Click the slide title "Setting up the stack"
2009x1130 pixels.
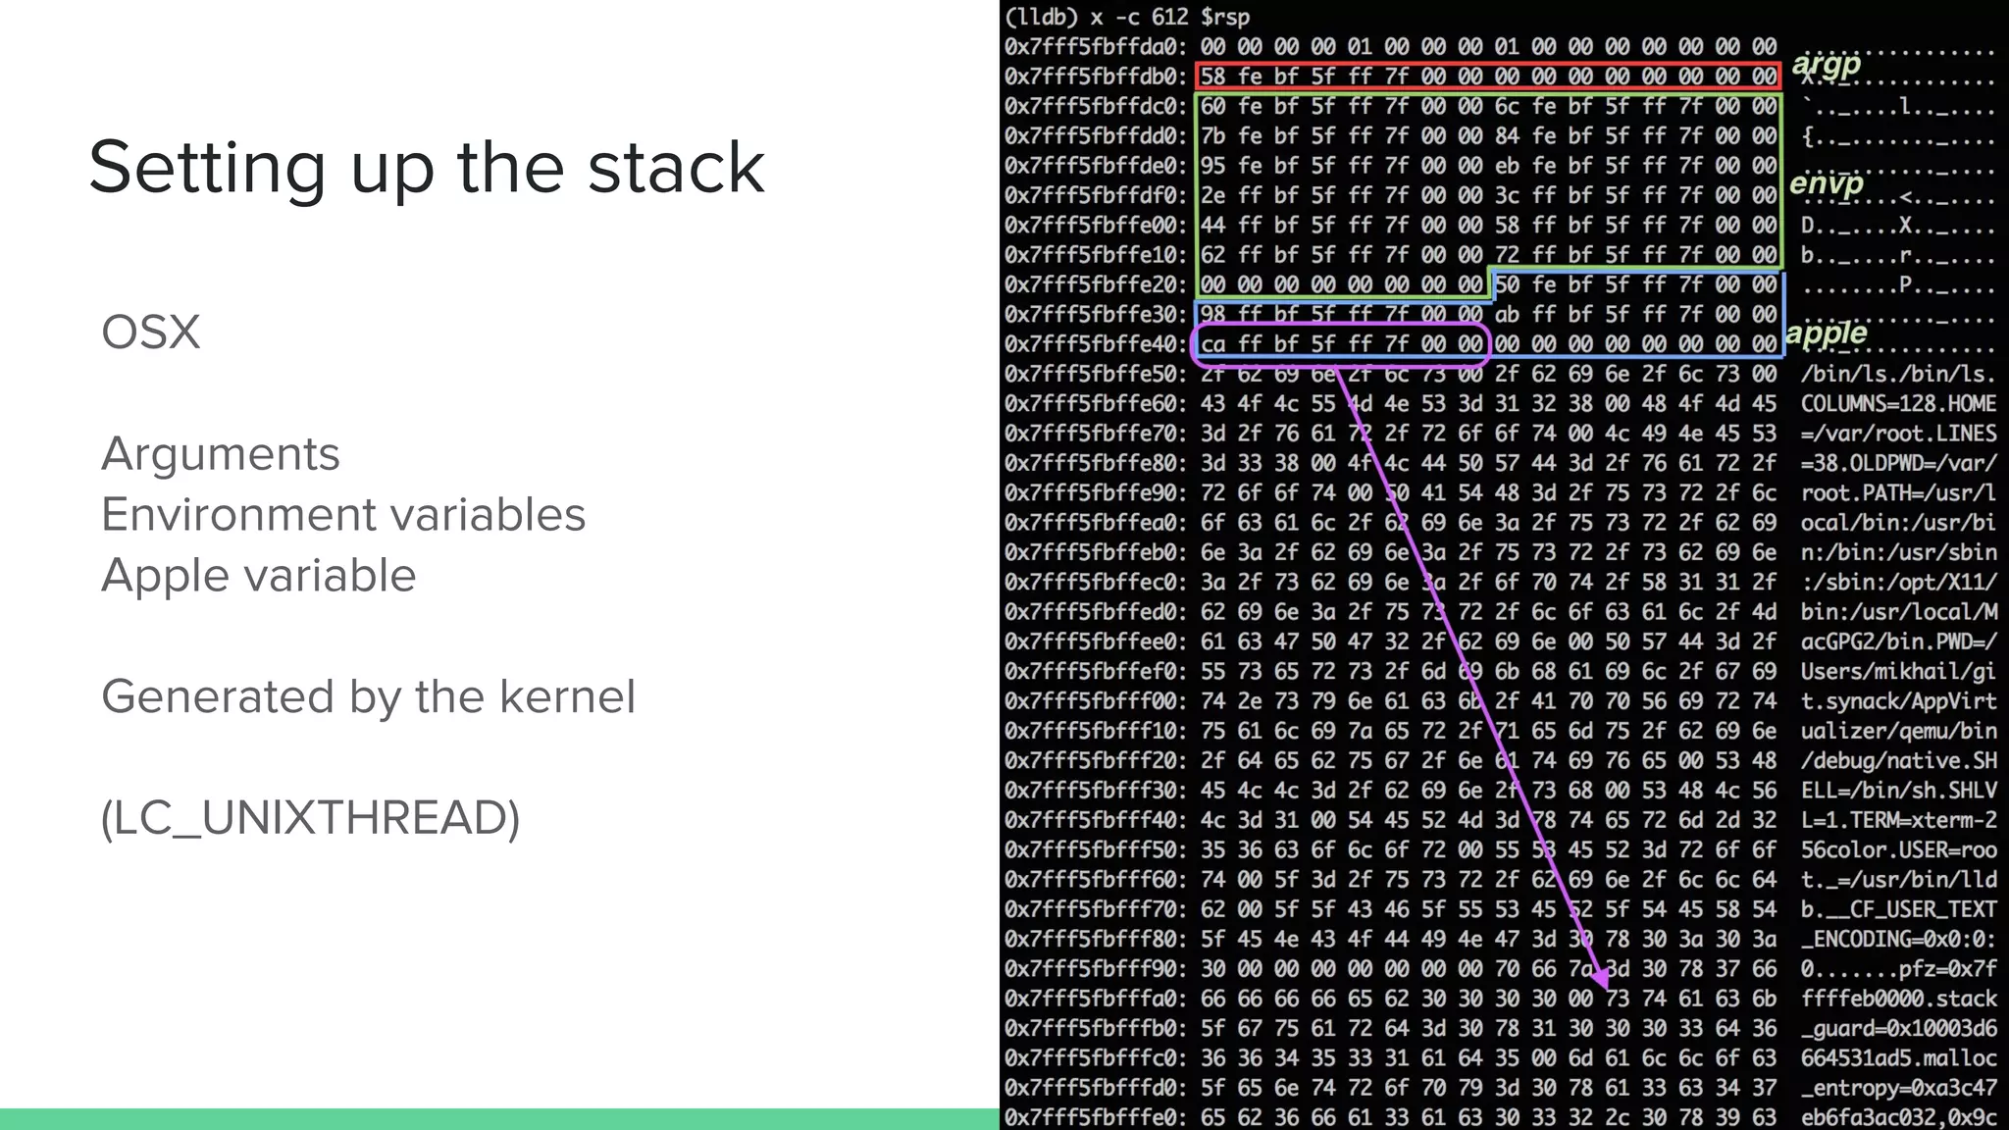coord(426,167)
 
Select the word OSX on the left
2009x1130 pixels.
coord(150,333)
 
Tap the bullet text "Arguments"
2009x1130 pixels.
coord(221,454)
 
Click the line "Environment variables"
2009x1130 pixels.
coord(343,515)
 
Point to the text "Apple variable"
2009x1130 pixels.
coord(259,576)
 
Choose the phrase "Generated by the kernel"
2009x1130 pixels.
coord(368,697)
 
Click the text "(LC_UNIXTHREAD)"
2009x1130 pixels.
coord(310,818)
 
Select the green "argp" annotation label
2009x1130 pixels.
coord(1826,65)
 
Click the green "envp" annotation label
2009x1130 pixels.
coord(1826,183)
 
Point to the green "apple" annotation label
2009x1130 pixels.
coord(1826,333)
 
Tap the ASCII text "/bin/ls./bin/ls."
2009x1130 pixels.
coord(1898,374)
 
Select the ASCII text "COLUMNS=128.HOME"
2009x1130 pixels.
coord(1898,404)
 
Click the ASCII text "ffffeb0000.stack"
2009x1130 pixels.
coord(1898,999)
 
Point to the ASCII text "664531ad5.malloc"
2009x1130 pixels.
coord(1898,1058)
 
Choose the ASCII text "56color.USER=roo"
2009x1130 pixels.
coord(1898,849)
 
